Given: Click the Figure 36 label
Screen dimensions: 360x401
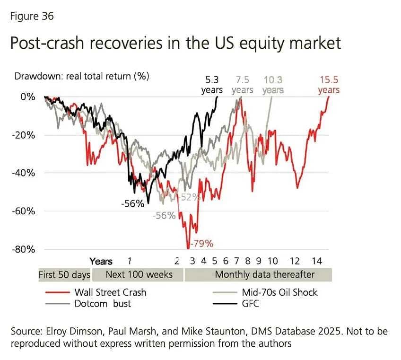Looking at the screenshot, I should [32, 17].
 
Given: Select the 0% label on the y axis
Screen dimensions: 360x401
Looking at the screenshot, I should [27, 97].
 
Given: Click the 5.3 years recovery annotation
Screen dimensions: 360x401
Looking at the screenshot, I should [212, 85].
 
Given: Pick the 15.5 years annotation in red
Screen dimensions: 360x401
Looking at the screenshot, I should [329, 85].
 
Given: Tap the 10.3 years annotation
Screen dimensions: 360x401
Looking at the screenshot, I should [273, 85].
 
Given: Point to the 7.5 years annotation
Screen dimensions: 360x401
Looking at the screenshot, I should [242, 85].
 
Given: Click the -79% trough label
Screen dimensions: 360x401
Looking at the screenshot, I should [201, 244].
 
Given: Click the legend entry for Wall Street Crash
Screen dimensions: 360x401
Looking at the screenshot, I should [110, 292].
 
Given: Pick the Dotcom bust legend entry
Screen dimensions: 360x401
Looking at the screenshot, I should [102, 303].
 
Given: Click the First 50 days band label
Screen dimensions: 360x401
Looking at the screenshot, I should [64, 274].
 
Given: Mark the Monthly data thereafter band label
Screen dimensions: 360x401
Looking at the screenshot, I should [264, 274].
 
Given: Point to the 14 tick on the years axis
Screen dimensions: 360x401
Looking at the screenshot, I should [316, 261].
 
